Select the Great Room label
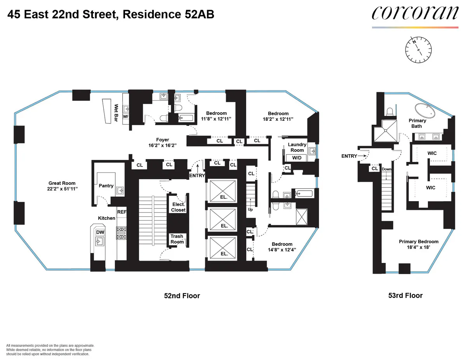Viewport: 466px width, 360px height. click(x=62, y=186)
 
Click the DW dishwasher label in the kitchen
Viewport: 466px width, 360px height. click(x=100, y=232)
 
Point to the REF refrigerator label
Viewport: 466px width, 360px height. click(x=122, y=212)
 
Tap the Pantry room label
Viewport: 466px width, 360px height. click(x=106, y=186)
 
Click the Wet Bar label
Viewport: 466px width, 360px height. click(x=116, y=113)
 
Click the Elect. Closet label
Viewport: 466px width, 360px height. click(x=178, y=207)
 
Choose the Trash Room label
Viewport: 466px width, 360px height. click(x=177, y=239)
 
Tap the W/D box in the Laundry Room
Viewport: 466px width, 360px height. click(x=297, y=158)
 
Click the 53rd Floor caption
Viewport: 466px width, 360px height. click(x=405, y=296)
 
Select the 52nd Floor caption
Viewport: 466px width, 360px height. click(x=182, y=296)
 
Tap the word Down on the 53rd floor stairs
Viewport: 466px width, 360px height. click(x=387, y=169)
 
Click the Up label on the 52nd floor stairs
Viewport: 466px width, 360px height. click(x=250, y=209)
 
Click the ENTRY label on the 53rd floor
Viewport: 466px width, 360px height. click(x=349, y=156)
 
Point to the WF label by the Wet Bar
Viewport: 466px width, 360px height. click(x=125, y=117)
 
